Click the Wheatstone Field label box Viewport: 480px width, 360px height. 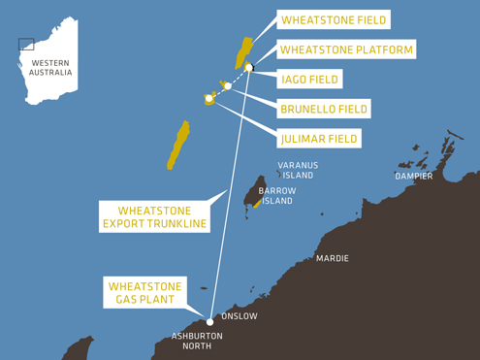click(333, 19)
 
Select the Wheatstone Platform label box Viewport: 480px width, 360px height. click(346, 49)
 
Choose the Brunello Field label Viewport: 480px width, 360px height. click(325, 109)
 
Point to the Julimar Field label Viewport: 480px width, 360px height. click(318, 139)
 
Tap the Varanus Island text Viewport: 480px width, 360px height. click(298, 171)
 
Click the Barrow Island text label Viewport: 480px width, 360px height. click(276, 196)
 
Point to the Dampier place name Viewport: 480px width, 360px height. click(414, 177)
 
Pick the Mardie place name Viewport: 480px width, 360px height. click(333, 259)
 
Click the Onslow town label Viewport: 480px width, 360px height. click(240, 316)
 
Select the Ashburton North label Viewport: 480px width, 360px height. click(197, 341)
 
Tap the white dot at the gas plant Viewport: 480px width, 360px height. click(210, 322)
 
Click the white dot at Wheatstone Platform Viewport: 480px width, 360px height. click(249, 67)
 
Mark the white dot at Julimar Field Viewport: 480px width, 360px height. click(208, 98)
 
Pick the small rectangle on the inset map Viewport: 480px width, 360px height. click(26, 44)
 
